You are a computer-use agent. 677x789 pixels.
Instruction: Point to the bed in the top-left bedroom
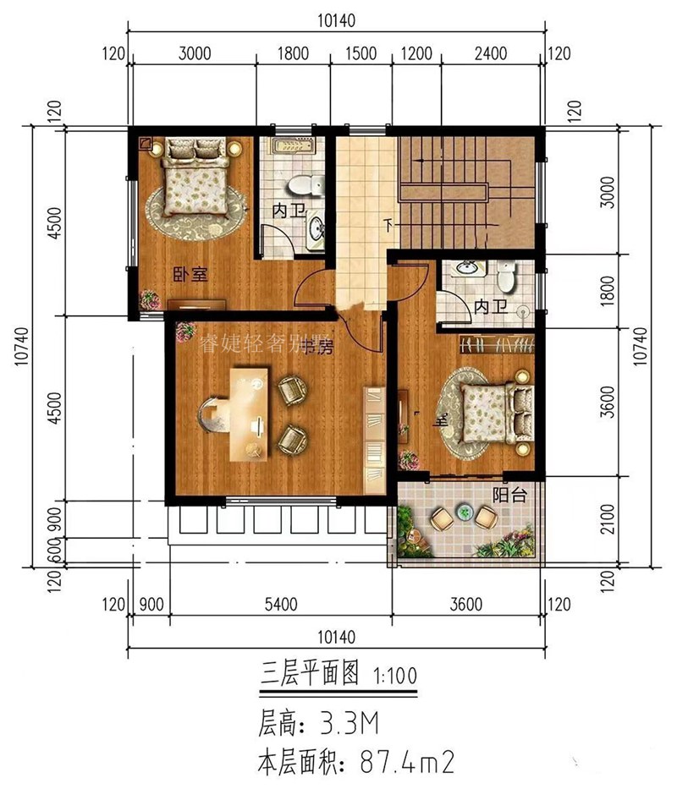(x=193, y=179)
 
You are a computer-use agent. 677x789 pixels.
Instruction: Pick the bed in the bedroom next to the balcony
(x=494, y=414)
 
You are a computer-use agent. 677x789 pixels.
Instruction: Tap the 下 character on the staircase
(x=388, y=226)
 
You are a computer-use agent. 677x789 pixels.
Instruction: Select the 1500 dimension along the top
(x=361, y=55)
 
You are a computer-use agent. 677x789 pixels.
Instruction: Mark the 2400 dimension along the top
(x=491, y=55)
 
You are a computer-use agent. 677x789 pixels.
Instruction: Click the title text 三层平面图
(x=310, y=676)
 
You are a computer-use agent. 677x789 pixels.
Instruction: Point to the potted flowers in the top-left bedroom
(x=150, y=298)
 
